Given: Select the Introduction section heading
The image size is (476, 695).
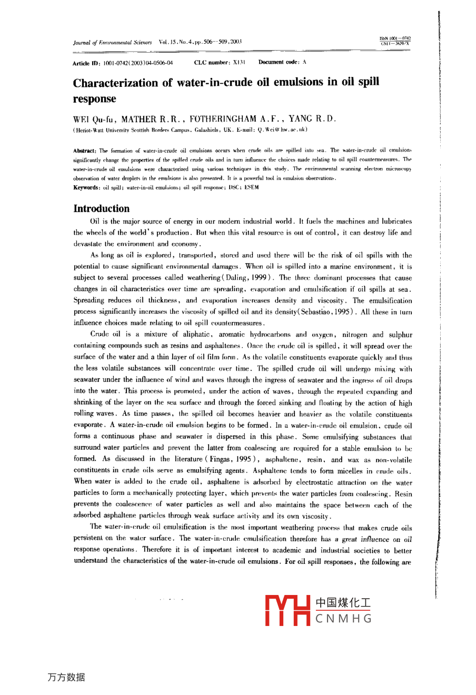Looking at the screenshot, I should pos(101,208).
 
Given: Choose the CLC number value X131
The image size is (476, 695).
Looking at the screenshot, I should pos(240,63).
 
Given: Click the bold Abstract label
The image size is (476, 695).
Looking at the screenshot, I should pos(84,151).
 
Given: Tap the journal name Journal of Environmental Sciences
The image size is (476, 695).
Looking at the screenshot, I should pos(112,42).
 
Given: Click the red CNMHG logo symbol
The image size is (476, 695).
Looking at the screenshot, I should pos(289,610).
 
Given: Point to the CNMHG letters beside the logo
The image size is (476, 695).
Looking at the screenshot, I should pos(344,619).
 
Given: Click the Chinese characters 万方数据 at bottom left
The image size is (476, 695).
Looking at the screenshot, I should pos(66,677).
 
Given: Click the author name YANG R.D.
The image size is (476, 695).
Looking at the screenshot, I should pos(312,119).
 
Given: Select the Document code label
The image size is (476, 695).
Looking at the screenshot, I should pos(279,62).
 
